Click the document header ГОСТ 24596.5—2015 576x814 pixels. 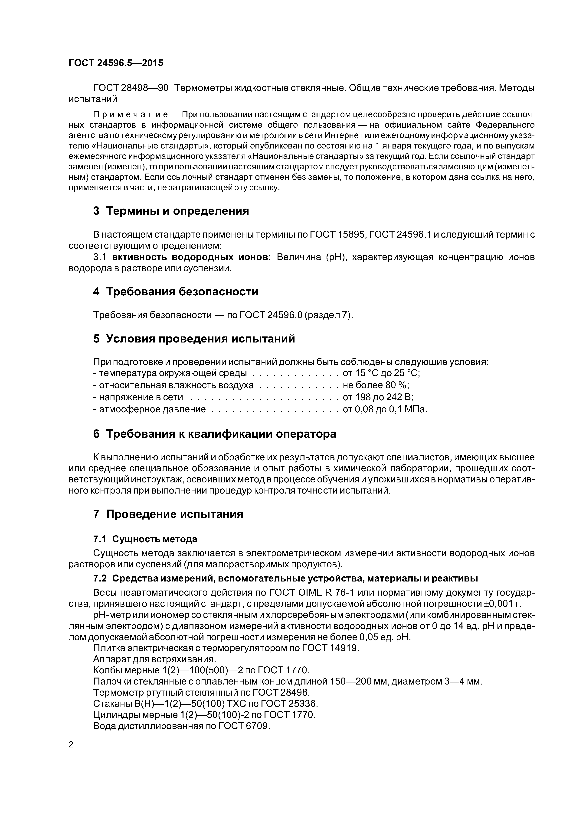point(116,63)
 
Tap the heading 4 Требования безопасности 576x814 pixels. point(175,292)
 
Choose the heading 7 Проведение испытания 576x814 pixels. point(168,514)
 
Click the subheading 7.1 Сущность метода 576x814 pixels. point(145,539)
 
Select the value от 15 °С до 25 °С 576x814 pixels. point(381,373)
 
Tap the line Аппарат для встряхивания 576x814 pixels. point(154,659)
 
